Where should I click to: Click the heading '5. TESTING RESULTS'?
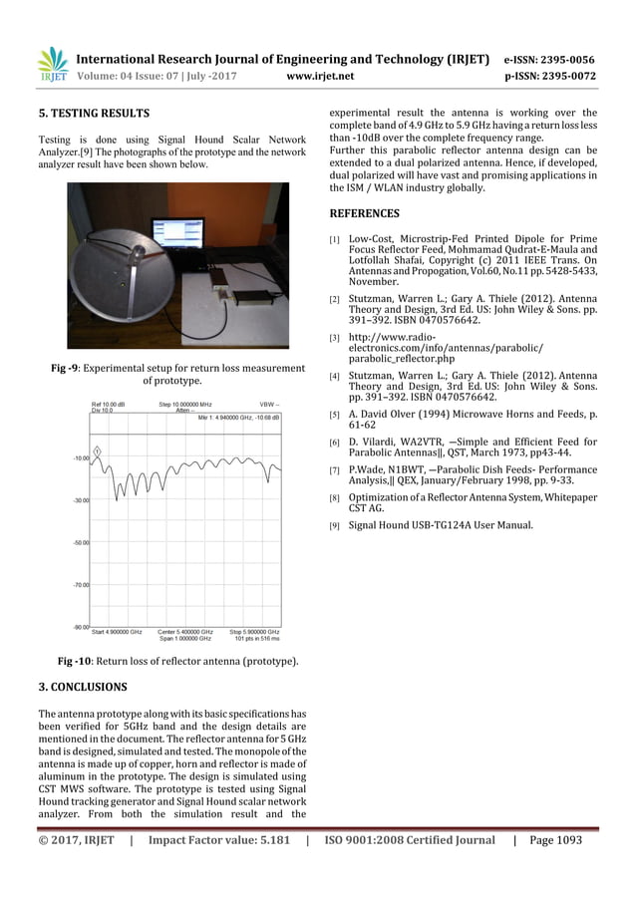pyautogui.click(x=93, y=113)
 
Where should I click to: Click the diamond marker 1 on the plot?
pyautogui.click(x=98, y=449)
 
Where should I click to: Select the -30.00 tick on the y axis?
pyautogui.click(x=80, y=500)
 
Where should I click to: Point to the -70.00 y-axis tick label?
pyautogui.click(x=80, y=585)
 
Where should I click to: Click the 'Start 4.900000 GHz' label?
pyautogui.click(x=116, y=632)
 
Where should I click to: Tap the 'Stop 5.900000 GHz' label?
pyautogui.click(x=253, y=632)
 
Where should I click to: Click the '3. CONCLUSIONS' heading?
pyautogui.click(x=82, y=688)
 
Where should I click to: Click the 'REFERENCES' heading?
pyautogui.click(x=364, y=213)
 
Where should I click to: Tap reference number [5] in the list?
pyautogui.click(x=335, y=413)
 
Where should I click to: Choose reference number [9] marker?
pyautogui.click(x=335, y=526)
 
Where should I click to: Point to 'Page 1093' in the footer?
pyautogui.click(x=555, y=840)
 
